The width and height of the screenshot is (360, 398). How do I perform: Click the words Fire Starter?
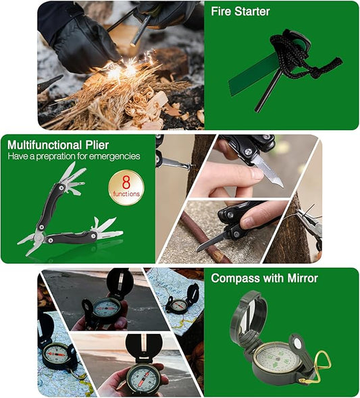coord(240,11)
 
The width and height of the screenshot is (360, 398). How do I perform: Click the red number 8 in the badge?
coord(126,182)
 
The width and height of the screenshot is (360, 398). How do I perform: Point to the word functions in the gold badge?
coord(126,194)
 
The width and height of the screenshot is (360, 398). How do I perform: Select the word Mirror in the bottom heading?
coord(303,278)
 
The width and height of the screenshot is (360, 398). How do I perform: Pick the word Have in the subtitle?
coord(18,156)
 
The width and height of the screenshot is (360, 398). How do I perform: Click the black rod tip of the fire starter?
coord(258,109)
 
